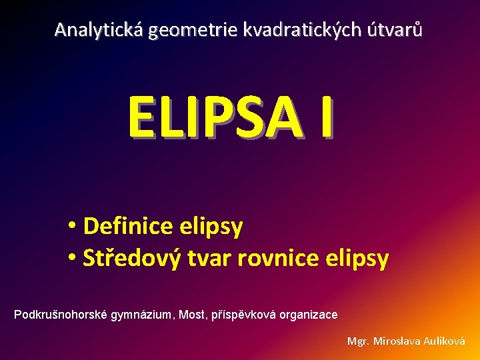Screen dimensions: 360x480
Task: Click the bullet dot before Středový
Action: click(x=72, y=258)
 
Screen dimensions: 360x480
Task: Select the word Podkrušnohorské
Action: click(x=60, y=314)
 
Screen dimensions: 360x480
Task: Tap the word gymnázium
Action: click(x=141, y=314)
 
